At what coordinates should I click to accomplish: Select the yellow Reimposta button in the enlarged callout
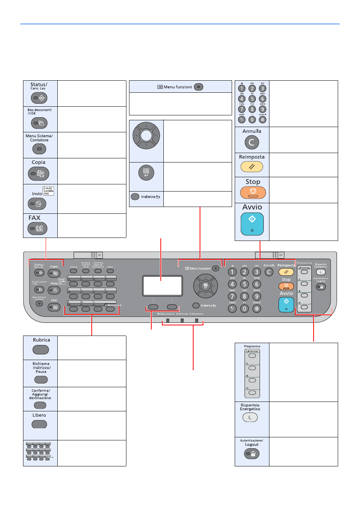click(252, 166)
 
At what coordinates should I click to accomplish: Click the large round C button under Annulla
click(252, 142)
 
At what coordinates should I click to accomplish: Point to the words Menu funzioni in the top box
click(178, 87)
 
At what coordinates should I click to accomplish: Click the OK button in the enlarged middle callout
click(146, 173)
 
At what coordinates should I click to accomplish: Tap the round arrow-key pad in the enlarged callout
click(146, 136)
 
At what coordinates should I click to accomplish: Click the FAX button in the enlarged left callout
click(37, 228)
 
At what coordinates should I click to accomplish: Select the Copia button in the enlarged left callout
click(38, 174)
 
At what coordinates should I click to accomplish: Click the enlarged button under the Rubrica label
click(41, 350)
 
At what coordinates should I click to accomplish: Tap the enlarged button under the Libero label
click(39, 424)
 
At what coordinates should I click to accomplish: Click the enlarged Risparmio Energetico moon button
click(250, 417)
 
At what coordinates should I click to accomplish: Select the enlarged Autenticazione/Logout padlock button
click(252, 454)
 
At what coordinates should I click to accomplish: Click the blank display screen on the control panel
click(162, 285)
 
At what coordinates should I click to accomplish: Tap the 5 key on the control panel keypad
click(245, 284)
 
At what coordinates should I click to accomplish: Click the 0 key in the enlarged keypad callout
click(252, 120)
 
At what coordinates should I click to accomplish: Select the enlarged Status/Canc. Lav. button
click(39, 98)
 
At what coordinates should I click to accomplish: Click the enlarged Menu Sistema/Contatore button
click(39, 149)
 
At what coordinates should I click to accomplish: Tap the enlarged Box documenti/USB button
click(39, 123)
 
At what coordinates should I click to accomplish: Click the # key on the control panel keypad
click(257, 309)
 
